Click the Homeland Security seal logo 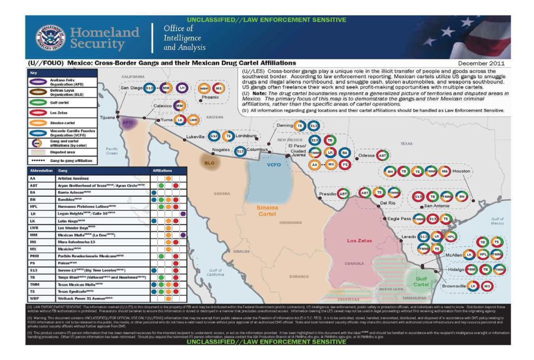[x=50, y=38]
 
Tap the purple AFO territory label [x=128, y=124]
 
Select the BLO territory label [x=210, y=162]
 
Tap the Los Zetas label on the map [x=360, y=241]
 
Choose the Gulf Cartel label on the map [x=421, y=282]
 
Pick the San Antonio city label [x=436, y=206]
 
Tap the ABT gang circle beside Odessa [x=382, y=155]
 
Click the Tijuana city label [x=107, y=117]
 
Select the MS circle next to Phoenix [x=219, y=89]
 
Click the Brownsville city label [x=453, y=286]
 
